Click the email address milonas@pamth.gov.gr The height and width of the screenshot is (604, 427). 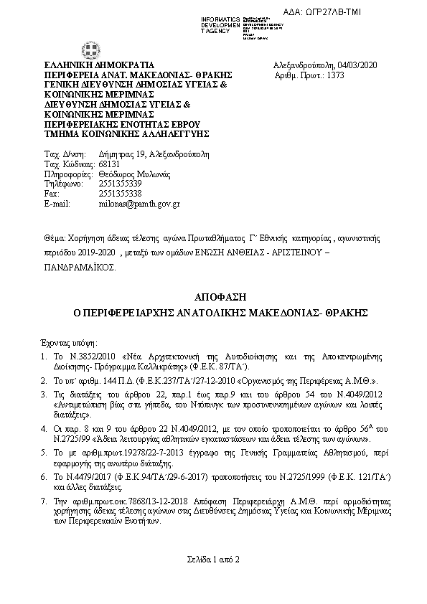139,204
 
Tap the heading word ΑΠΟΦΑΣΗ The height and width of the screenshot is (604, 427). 213,297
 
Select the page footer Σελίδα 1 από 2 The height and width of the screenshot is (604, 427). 213,558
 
